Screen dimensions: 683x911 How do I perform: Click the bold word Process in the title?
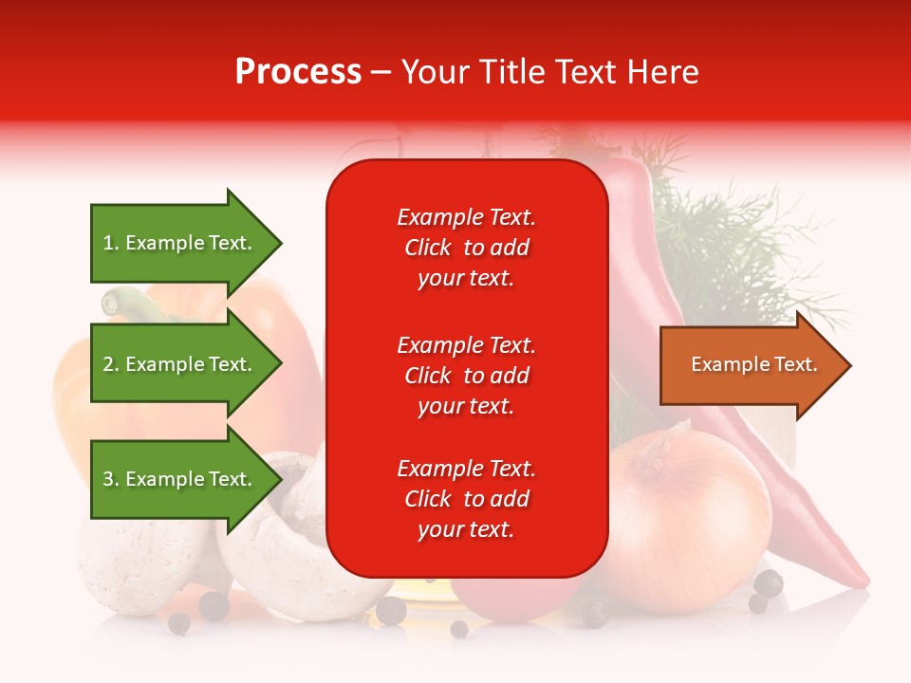click(298, 72)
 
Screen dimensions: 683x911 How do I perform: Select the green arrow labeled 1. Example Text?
click(180, 243)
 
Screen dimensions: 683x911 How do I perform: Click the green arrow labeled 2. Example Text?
click(180, 364)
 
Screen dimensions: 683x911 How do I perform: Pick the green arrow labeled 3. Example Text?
click(180, 479)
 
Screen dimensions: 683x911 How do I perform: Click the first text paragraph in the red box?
click(466, 248)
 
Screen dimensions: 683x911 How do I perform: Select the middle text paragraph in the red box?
click(466, 376)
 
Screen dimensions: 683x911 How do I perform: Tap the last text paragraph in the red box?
click(466, 499)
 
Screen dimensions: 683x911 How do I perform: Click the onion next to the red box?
click(688, 522)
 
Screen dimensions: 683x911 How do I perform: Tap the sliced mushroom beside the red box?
click(285, 550)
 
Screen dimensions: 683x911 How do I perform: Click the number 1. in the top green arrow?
click(111, 243)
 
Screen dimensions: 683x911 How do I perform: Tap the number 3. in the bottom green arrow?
click(111, 479)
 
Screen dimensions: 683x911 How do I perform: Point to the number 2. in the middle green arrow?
click(111, 364)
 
